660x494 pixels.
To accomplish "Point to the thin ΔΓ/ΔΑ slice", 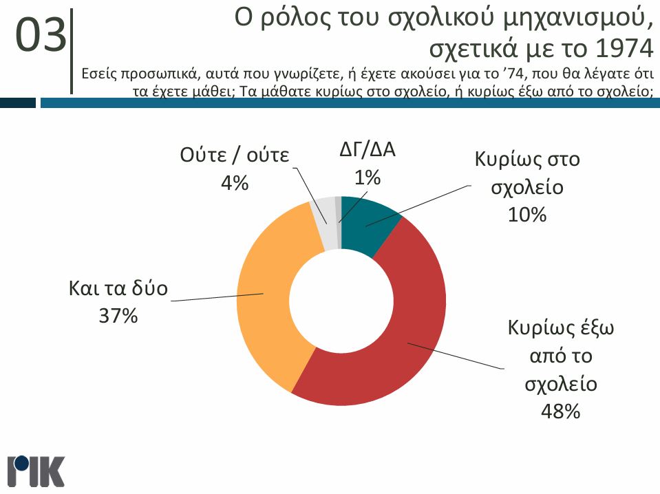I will tap(338, 210).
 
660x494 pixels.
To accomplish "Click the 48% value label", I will tap(561, 412).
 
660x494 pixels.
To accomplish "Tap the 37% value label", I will tap(118, 316).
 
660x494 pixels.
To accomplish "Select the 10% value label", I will tap(526, 215).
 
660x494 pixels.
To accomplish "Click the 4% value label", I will tap(234, 184).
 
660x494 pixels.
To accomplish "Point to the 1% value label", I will tap(368, 178).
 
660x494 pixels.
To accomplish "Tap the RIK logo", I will tap(36, 471).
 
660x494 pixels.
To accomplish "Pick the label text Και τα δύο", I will tap(118, 288).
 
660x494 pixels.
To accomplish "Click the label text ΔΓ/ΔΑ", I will tap(368, 150).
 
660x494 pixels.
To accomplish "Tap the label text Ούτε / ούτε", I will tap(234, 154).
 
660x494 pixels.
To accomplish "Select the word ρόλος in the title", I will tap(290, 19).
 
